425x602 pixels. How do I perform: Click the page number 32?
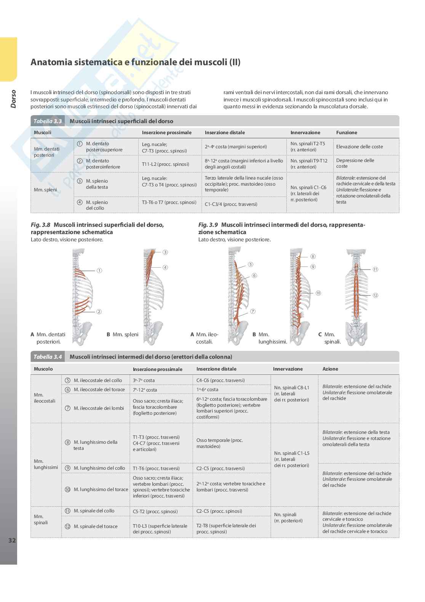tap(12, 540)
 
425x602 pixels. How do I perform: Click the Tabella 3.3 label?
tap(48, 121)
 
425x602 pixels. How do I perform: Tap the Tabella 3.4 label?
tap(48, 357)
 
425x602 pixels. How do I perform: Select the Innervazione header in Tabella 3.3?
tap(305, 133)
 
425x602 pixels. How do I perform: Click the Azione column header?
tap(330, 369)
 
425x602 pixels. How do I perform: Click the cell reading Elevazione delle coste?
tap(359, 147)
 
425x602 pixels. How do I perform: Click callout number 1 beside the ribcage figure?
tap(99, 271)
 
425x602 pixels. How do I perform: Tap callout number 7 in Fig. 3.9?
tap(253, 311)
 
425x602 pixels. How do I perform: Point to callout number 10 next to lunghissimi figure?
tap(318, 293)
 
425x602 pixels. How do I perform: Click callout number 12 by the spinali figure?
tap(375, 295)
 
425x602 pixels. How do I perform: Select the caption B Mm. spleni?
tap(123, 334)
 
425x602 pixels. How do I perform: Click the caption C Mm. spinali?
tap(329, 338)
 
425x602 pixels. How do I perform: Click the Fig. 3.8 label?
tap(40, 225)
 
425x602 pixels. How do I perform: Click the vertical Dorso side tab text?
tap(13, 99)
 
